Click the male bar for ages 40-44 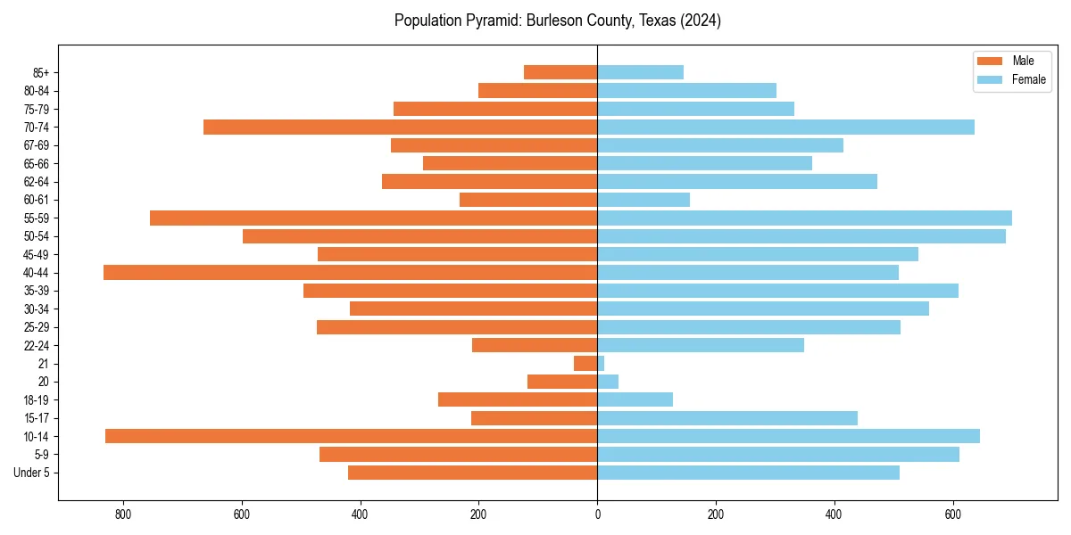tap(350, 273)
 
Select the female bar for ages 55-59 tap(804, 218)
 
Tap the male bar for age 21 tap(585, 364)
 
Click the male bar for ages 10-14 tap(351, 436)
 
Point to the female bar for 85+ tap(640, 72)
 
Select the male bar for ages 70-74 tap(400, 128)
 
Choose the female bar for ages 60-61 tap(643, 200)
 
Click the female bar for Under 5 tap(748, 473)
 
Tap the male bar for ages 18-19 tap(518, 399)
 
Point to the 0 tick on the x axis tap(597, 514)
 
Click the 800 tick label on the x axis tap(123, 514)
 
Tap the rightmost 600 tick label tap(952, 514)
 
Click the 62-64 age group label tap(37, 182)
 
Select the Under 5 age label tap(31, 473)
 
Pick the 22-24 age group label tap(37, 346)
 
